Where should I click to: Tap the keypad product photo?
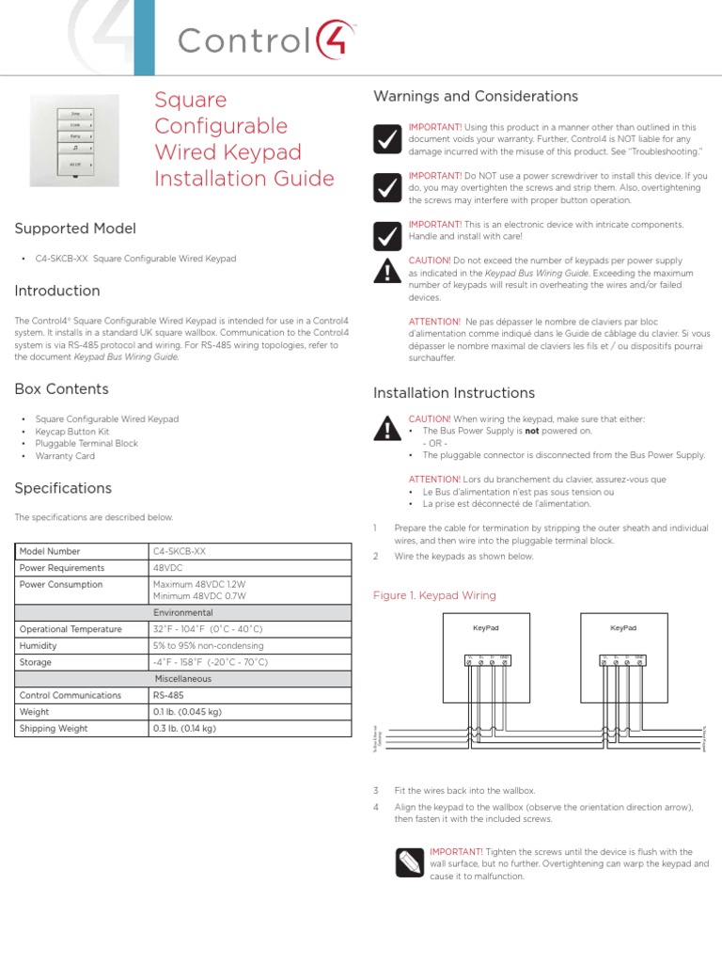coord(75,140)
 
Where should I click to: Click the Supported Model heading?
coord(75,229)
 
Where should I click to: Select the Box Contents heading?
coord(61,389)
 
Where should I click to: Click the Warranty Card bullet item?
coord(65,456)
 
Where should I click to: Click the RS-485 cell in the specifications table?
coord(169,695)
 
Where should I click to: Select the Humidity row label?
coord(40,646)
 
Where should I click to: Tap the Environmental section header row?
coord(183,612)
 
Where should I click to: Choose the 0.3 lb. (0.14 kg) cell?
coord(184,728)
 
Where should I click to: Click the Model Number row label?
coord(50,551)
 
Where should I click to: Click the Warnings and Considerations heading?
coord(475,97)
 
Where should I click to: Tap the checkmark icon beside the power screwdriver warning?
coord(385,188)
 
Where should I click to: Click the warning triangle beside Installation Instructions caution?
coord(385,429)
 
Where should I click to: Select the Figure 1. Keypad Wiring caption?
coord(434,595)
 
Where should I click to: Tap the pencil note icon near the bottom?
coord(409,860)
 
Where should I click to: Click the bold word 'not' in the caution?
coord(532,431)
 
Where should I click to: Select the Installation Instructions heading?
coord(454,393)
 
